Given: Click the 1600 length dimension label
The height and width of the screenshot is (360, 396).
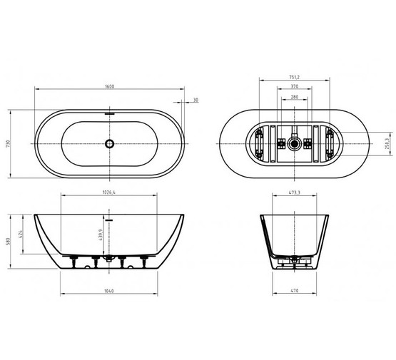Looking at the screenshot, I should point(108,87).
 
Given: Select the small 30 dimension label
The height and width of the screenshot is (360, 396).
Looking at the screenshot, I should point(195,101).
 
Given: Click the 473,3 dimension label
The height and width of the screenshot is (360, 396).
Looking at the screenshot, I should point(293,192).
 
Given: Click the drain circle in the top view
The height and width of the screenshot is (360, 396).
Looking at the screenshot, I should point(108,143).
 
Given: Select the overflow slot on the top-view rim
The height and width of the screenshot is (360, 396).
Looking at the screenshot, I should point(108,112).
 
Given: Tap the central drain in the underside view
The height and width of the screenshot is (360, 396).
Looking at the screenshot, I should point(293,143).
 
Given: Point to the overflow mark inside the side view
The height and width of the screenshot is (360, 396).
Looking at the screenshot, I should point(108,221).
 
